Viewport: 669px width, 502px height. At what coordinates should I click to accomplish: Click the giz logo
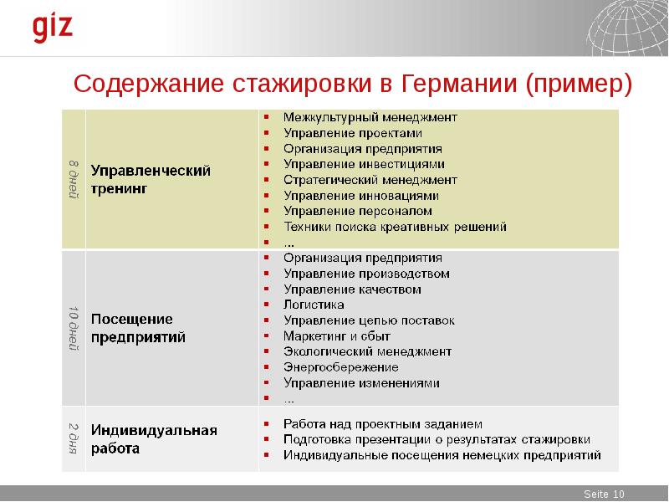coord(53,28)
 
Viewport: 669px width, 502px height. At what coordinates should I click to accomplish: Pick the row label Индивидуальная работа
coord(154,439)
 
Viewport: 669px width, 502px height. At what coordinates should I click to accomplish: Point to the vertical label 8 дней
coord(74,178)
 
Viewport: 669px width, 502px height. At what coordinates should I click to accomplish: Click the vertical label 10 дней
coord(74,328)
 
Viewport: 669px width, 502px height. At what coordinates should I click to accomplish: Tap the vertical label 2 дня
coord(74,438)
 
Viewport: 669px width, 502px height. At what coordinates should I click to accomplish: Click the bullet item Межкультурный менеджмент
coord(370,116)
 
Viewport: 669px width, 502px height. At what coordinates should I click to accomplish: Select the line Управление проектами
coord(352,132)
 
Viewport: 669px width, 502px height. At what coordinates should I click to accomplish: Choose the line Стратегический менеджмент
coord(370,179)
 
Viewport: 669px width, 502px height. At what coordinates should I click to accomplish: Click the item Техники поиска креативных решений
coord(395,227)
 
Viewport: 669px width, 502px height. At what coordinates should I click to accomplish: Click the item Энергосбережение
coord(340,367)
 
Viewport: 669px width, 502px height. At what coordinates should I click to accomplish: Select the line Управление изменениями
coord(361,382)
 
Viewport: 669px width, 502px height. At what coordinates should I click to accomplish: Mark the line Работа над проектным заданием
coord(382,423)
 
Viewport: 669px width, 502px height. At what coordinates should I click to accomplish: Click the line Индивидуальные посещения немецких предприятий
coord(442,455)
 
